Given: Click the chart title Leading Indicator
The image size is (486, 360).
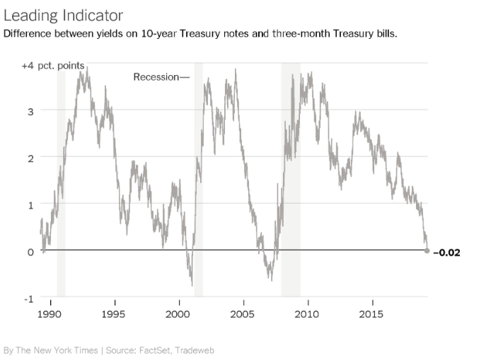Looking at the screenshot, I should click(63, 15).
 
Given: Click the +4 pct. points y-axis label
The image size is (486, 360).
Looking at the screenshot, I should click(53, 66).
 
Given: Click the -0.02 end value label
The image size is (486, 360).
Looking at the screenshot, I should click(446, 252).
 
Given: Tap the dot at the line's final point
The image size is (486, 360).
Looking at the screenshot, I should click(427, 250).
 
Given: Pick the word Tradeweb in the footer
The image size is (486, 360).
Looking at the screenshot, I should click(192, 350).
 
